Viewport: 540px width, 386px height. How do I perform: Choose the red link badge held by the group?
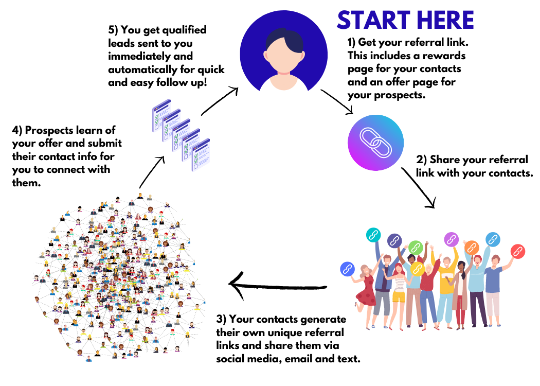tap(517, 251)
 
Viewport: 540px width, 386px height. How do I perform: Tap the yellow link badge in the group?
tap(417, 268)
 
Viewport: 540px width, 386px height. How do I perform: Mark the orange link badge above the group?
tap(472, 248)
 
